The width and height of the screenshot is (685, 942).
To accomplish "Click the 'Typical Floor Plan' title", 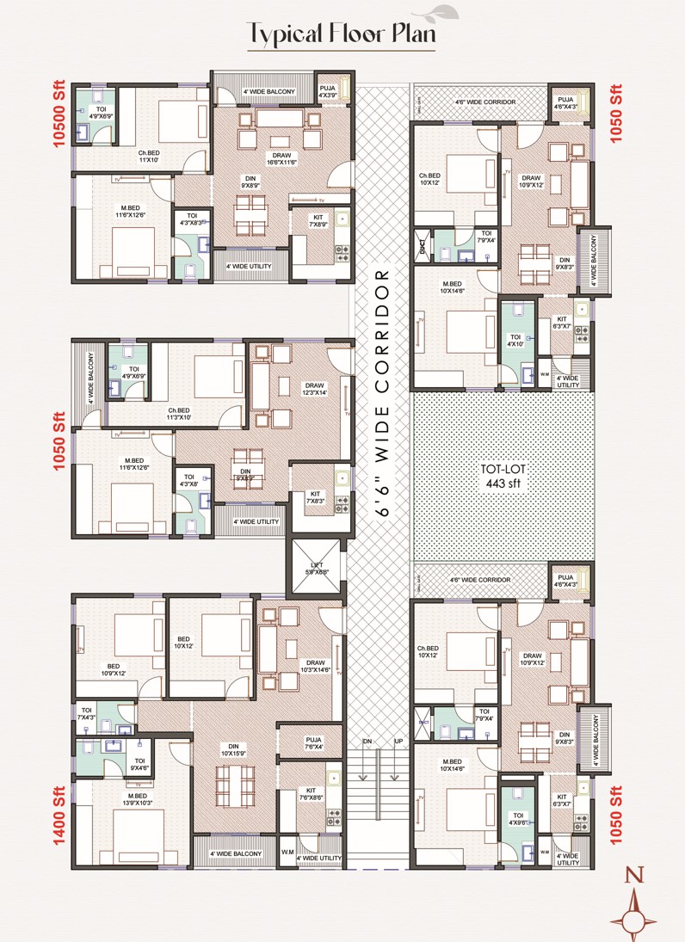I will tap(342, 34).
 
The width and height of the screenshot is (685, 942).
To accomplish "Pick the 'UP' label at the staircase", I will tap(398, 741).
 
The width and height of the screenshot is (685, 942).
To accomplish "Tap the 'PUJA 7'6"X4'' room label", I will tap(312, 742).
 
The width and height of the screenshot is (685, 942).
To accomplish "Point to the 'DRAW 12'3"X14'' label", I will tap(314, 390).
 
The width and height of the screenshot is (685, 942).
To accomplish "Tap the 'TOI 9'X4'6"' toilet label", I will tap(139, 764).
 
